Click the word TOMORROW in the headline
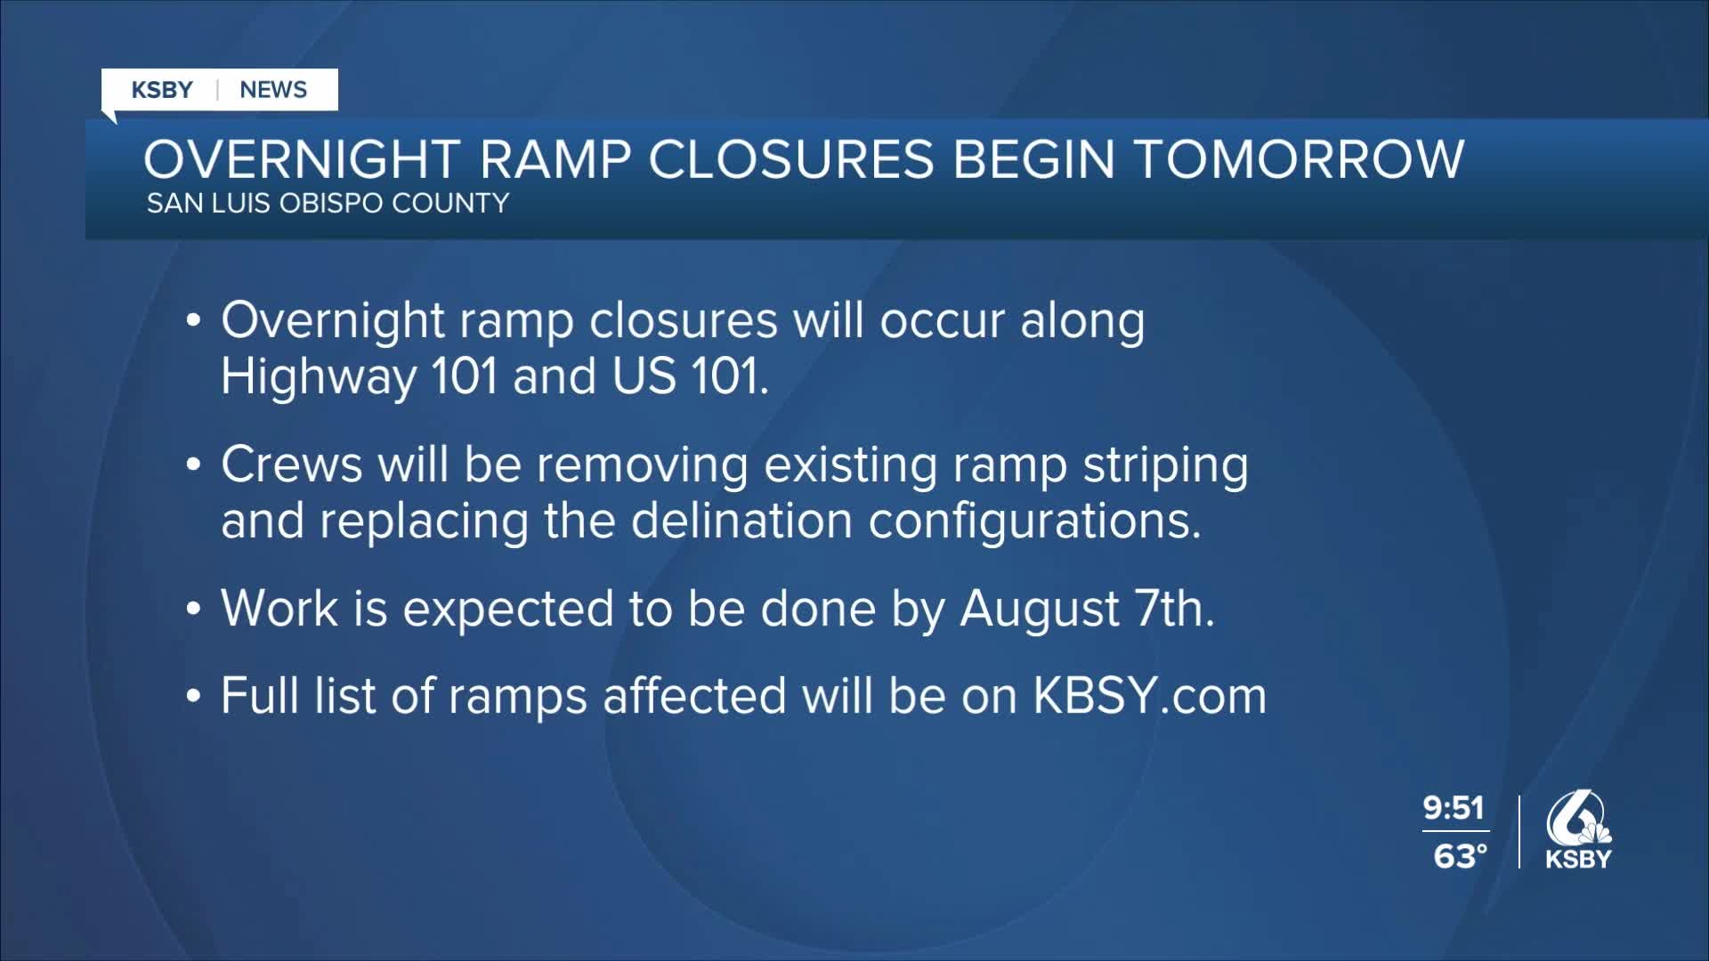pyautogui.click(x=1299, y=160)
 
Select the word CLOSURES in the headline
pyautogui.click(x=791, y=160)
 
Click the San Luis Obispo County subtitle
pyautogui.click(x=328, y=204)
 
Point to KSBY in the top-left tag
pyautogui.click(x=162, y=90)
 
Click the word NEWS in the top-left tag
pyautogui.click(x=273, y=90)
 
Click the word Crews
pyautogui.click(x=292, y=464)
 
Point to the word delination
pyautogui.click(x=742, y=521)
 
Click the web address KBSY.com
pyautogui.click(x=1149, y=696)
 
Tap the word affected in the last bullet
pyautogui.click(x=694, y=696)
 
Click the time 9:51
pyautogui.click(x=1454, y=808)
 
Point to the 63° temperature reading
pyautogui.click(x=1461, y=856)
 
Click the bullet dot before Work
pyautogui.click(x=194, y=610)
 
